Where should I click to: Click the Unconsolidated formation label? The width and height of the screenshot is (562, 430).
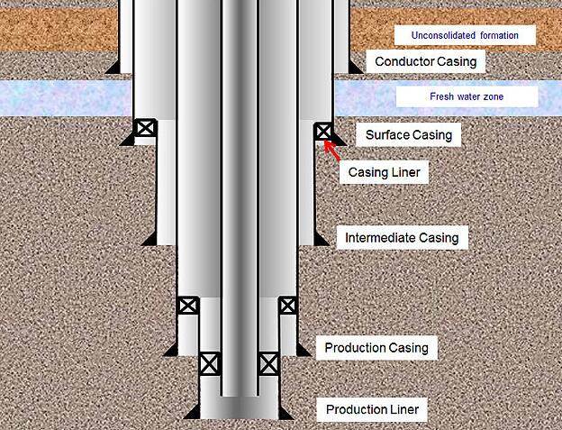(465, 35)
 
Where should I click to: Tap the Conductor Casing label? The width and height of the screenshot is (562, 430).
(425, 61)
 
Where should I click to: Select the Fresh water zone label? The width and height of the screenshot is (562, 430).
(467, 96)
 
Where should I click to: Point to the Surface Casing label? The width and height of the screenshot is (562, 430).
(409, 135)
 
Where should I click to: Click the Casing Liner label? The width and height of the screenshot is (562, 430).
(384, 172)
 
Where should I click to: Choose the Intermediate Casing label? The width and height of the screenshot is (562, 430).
(403, 237)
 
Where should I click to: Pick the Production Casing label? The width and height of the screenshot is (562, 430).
(376, 347)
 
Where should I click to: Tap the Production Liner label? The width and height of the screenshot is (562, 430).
(372, 409)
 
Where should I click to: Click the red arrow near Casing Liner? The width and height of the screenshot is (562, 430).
(332, 151)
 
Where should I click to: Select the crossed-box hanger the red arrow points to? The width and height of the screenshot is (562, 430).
(323, 132)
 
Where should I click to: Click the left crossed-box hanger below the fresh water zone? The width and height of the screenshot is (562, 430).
(146, 128)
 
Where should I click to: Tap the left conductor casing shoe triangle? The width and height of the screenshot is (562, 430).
(113, 67)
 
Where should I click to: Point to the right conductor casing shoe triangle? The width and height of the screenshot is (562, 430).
(356, 68)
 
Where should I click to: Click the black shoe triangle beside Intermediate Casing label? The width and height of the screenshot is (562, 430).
(322, 239)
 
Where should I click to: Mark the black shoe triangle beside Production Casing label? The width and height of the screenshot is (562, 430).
(304, 349)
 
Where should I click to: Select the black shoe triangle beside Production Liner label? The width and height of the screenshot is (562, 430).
(286, 413)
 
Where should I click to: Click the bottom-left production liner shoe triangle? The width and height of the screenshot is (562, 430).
(192, 412)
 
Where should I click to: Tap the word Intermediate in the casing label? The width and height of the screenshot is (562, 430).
(380, 237)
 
